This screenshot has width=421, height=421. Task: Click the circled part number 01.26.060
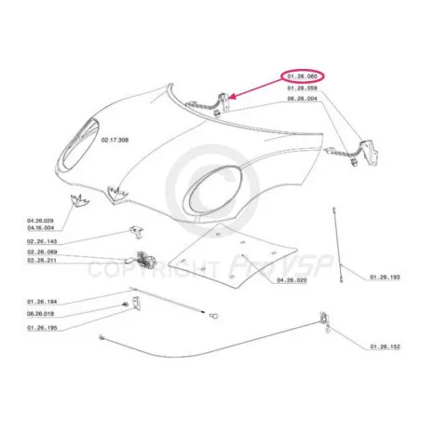click(x=302, y=76)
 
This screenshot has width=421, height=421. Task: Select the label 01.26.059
click(x=302, y=88)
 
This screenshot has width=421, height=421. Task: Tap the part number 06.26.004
click(x=302, y=99)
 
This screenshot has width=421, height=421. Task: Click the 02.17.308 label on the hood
click(x=115, y=140)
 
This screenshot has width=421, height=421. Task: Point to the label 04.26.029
click(x=40, y=221)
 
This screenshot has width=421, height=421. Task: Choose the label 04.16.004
click(x=40, y=228)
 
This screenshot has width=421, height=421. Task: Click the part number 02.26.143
click(x=42, y=241)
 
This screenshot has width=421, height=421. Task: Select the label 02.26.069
click(x=42, y=251)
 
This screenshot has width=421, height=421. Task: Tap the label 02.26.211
click(x=42, y=260)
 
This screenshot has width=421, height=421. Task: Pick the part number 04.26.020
click(x=292, y=280)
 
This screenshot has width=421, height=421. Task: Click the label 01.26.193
click(x=385, y=277)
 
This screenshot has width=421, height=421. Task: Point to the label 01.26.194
click(x=42, y=302)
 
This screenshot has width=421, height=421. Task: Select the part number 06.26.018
click(x=40, y=314)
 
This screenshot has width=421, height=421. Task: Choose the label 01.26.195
click(x=42, y=328)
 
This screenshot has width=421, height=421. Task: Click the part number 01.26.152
click(x=385, y=346)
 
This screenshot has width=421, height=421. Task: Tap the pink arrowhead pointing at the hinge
click(x=232, y=97)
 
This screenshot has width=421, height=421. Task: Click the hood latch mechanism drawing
click(x=143, y=259)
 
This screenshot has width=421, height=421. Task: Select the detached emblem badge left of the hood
click(x=79, y=200)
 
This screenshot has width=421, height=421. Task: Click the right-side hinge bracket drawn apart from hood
click(x=369, y=152)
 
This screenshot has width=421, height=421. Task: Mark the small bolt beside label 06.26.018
click(x=125, y=305)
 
